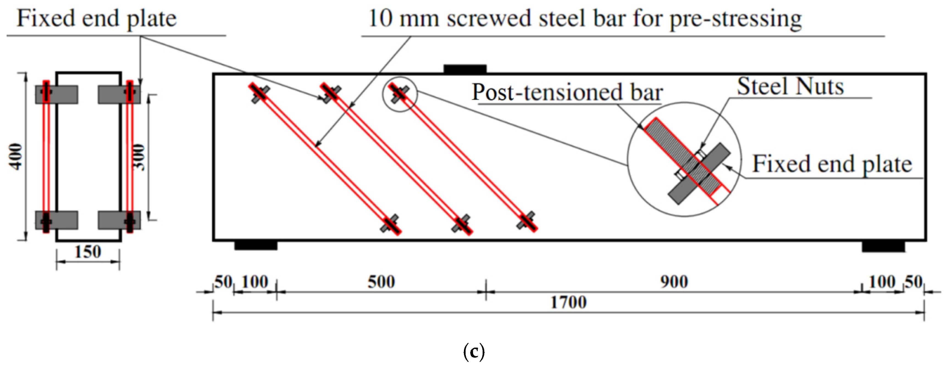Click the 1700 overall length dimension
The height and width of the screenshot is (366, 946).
tap(568, 303)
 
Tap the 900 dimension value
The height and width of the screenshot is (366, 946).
tap(674, 282)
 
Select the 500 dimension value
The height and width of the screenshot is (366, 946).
tap(381, 282)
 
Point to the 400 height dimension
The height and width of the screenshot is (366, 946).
tap(16, 157)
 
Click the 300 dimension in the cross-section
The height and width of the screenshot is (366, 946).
tap(139, 157)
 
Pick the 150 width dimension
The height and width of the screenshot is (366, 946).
tap(88, 252)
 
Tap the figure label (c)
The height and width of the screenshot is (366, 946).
tap(474, 352)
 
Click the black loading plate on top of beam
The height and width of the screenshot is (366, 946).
tap(465, 69)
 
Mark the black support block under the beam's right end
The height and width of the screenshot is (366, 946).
tap(883, 246)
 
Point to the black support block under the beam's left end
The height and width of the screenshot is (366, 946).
tap(256, 245)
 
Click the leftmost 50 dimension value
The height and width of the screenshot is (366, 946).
tap(223, 282)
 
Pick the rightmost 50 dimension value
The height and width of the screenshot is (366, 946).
tap(913, 282)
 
